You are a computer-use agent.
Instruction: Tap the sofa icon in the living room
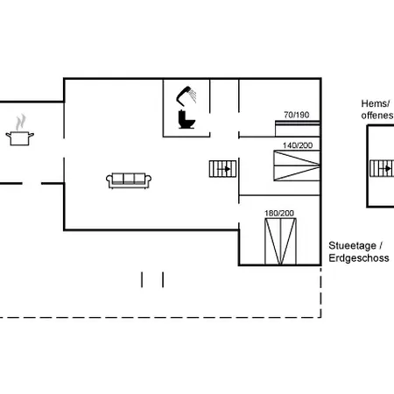[129, 180]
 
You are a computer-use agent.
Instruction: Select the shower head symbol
[183, 95]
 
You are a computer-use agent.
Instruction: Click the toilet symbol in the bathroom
[186, 119]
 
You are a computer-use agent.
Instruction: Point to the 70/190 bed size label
[297, 115]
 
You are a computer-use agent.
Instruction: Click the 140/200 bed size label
[298, 145]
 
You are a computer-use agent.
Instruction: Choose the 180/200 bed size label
[279, 214]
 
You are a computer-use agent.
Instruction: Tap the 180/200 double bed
[280, 242]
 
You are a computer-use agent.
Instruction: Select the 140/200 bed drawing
[297, 165]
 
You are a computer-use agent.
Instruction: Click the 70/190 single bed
[298, 129]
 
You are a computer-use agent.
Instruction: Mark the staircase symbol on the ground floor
[222, 169]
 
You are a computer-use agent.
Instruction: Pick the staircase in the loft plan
[382, 168]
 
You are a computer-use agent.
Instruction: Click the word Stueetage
[352, 246]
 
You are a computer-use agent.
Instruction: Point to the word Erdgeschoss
[359, 258]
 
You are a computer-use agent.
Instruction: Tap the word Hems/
[376, 103]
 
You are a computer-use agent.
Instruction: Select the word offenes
[377, 116]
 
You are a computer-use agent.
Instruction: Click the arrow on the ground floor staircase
[224, 169]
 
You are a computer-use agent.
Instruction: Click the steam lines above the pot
[20, 123]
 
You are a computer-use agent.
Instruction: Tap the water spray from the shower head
[193, 95]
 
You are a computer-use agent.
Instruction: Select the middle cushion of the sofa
[129, 179]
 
